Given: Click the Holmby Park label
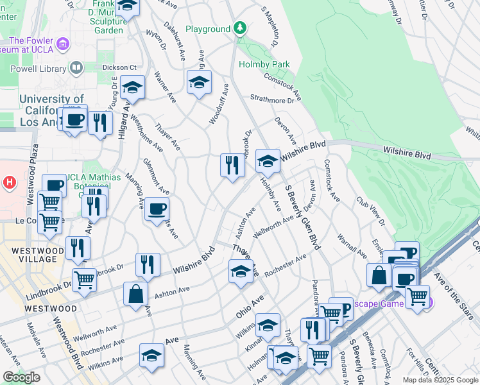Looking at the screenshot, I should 264,64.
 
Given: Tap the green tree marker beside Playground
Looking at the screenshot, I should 240,28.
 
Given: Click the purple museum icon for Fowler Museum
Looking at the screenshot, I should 63,44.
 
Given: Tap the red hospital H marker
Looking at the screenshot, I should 9,183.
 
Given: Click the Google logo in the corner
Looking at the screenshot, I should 21,377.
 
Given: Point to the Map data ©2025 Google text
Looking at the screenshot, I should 440,380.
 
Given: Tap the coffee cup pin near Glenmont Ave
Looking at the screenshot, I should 157,208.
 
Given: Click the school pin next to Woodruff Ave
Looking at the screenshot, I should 200,81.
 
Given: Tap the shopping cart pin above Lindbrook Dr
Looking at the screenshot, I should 85,280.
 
